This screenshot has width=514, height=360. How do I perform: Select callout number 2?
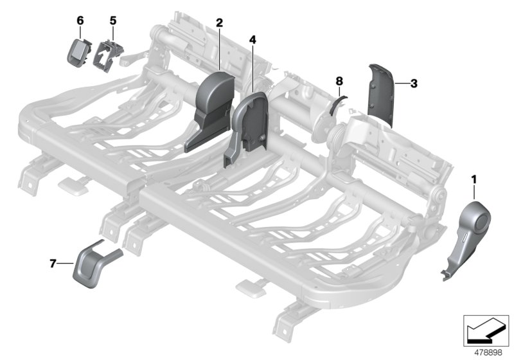pos(219,23)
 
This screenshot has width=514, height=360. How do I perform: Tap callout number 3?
pos(414,84)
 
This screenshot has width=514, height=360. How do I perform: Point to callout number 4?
pos(253,40)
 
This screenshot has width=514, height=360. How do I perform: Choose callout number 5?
pos(112,20)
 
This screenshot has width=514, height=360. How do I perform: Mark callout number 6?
pos(80,20)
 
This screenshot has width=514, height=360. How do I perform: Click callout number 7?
pos(53,263)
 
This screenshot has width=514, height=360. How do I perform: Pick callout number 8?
pos(340,80)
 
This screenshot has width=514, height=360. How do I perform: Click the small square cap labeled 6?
pos(79,50)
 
